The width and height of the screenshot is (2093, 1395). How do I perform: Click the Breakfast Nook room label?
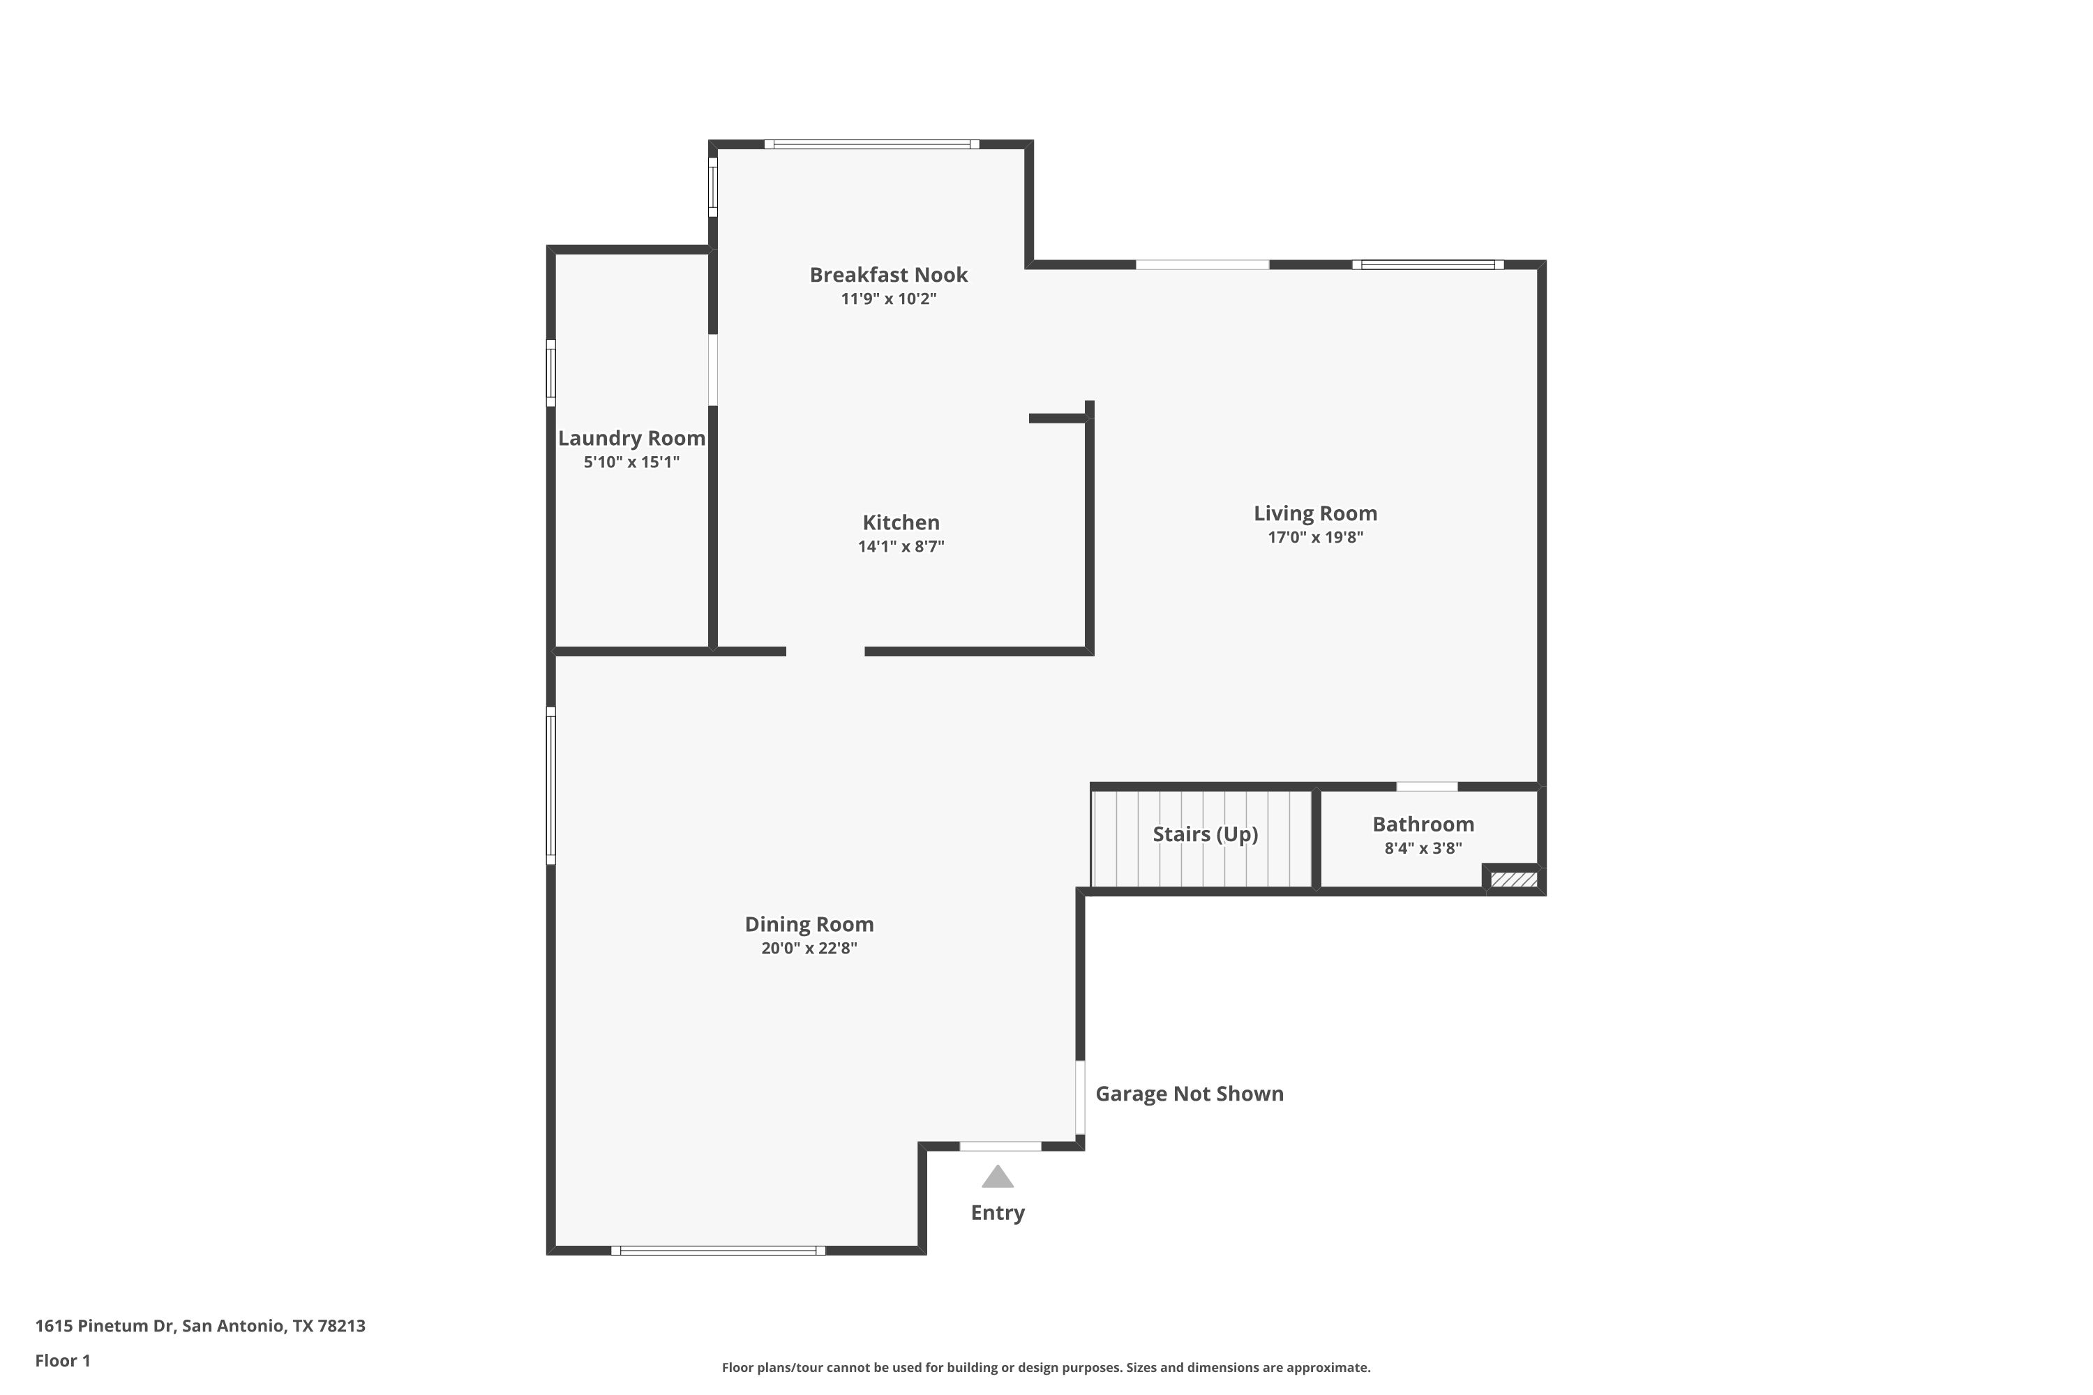point(888,275)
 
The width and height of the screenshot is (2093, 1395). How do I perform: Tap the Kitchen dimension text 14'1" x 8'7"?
point(901,546)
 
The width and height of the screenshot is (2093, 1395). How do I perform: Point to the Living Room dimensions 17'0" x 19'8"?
point(1315,536)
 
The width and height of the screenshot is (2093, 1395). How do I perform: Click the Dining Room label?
point(809,923)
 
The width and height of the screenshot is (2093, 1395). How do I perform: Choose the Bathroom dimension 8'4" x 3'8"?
point(1423,848)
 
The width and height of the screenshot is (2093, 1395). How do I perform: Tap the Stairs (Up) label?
point(1205,834)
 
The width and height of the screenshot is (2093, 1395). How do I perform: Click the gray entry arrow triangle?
point(998,1177)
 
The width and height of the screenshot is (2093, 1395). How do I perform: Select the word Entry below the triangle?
point(998,1213)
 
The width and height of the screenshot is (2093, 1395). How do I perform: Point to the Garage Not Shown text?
point(1189,1094)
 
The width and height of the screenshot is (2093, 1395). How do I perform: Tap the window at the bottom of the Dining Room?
point(718,1250)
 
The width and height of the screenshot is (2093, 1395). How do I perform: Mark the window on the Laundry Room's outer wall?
point(551,372)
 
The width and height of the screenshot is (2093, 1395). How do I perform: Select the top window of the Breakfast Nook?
point(871,144)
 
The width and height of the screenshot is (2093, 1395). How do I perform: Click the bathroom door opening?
point(1427,787)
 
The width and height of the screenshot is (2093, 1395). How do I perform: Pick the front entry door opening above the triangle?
point(1000,1146)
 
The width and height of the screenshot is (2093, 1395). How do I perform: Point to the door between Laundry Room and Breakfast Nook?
point(713,370)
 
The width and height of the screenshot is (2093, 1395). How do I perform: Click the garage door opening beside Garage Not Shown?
point(1080,1098)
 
